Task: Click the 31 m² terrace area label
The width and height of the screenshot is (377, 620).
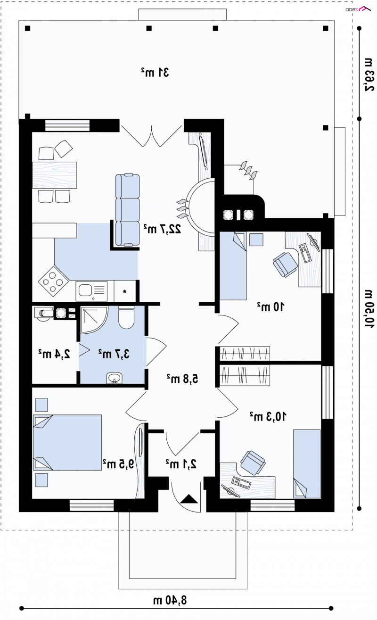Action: coord(155,72)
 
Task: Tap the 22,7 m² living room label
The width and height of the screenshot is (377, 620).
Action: coord(162,229)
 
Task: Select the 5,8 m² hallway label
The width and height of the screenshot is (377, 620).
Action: coord(182,379)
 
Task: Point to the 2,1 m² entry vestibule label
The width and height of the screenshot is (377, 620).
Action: coord(181,463)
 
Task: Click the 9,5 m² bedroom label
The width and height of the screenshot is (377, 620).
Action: coord(118,464)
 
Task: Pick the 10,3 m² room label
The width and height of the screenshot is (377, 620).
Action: coord(268,416)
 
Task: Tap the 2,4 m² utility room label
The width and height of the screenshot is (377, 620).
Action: coord(54,354)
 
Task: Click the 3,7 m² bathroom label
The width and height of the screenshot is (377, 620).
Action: coord(114,354)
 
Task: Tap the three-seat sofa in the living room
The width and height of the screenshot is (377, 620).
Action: coord(128,209)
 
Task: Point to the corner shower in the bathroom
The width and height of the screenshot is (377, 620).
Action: coord(94,319)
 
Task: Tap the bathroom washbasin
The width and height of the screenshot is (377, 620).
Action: coord(114,378)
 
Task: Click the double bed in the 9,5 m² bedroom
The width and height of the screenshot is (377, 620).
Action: coord(67,442)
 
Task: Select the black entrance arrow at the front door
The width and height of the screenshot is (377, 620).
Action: coord(189,499)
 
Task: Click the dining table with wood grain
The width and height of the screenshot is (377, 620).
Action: coord(55,175)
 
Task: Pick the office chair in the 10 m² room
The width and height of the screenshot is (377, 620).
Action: coord(285,265)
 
